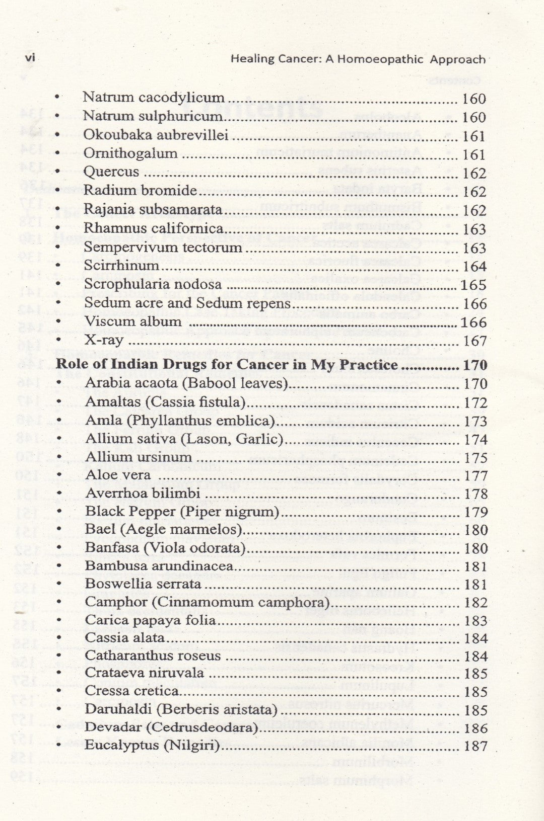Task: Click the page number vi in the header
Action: [30, 58]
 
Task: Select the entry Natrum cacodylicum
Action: [153, 98]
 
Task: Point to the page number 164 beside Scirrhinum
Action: [474, 267]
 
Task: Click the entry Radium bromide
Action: [140, 191]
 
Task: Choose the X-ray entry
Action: [104, 341]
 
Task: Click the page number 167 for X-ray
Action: [474, 341]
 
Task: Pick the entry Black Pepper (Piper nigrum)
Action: [182, 512]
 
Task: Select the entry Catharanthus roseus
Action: [153, 656]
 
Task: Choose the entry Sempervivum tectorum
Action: [163, 248]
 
